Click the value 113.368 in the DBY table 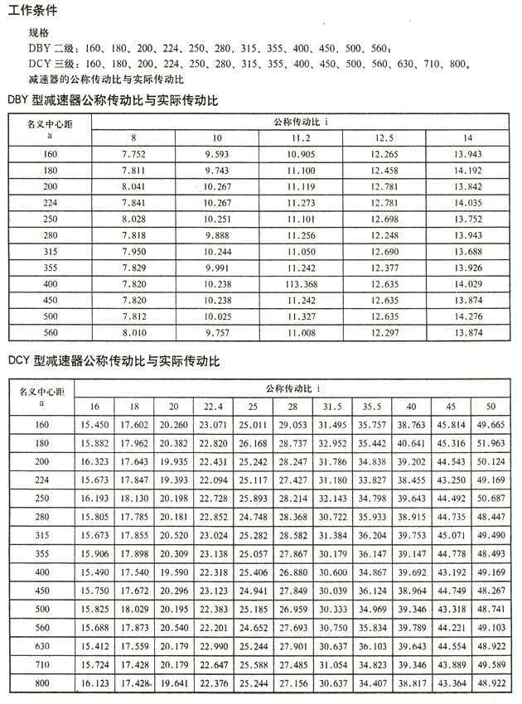pyautogui.click(x=301, y=284)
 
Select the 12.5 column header pyautogui.click(x=384, y=137)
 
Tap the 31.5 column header pyautogui.click(x=333, y=406)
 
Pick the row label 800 pyautogui.click(x=41, y=683)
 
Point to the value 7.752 pyautogui.click(x=133, y=155)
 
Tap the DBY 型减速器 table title pyautogui.click(x=112, y=100)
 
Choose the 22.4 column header pyautogui.click(x=213, y=406)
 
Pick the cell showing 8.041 pyautogui.click(x=133, y=187)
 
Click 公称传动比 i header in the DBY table pyautogui.click(x=300, y=121)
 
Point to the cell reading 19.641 pyautogui.click(x=173, y=683)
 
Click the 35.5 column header pyautogui.click(x=372, y=406)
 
